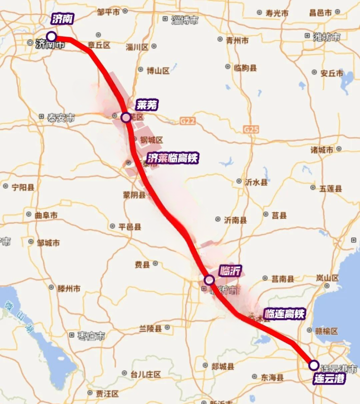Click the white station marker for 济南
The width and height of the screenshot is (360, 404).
point(52,36)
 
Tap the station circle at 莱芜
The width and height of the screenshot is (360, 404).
point(126,117)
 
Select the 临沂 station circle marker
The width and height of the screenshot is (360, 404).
point(209,280)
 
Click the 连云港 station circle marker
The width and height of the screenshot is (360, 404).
point(314,365)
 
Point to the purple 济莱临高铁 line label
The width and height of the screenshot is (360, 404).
point(173,158)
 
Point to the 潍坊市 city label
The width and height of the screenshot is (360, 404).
point(326,37)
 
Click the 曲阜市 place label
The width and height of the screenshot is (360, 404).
point(46,215)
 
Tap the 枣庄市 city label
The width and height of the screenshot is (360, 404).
point(91,336)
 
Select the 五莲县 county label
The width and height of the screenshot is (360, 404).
point(331,189)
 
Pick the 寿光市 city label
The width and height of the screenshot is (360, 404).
point(277,13)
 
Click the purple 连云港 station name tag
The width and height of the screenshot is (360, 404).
point(329,379)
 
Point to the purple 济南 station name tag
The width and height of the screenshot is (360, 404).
point(63,19)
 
